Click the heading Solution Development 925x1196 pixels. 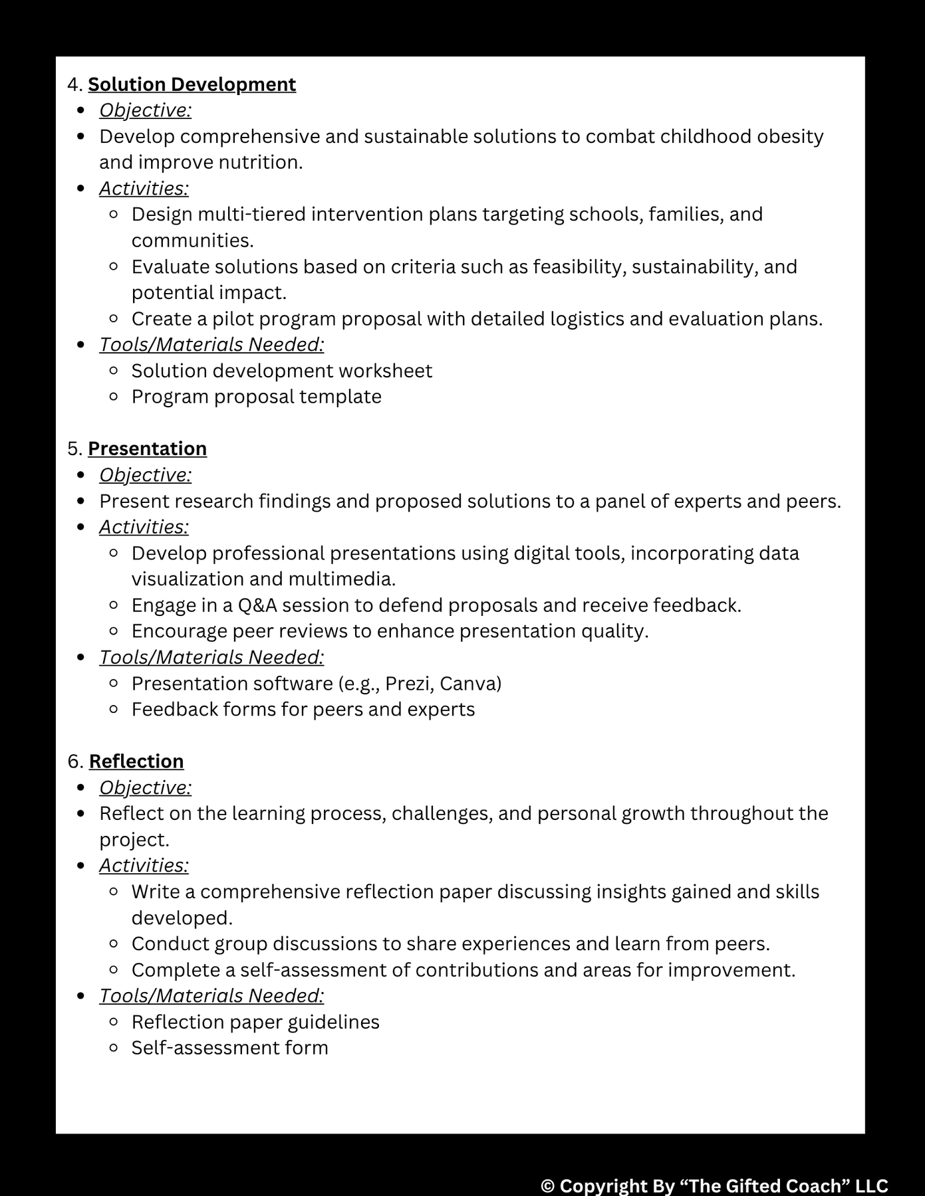tap(192, 84)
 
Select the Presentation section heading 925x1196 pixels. tap(147, 448)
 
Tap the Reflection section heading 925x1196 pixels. tap(136, 761)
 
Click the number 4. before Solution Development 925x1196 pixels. tap(74, 84)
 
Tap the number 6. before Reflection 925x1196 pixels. tap(75, 761)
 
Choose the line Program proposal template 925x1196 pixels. tap(256, 397)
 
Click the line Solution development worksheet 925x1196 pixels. tap(281, 371)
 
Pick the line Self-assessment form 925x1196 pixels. tap(229, 1048)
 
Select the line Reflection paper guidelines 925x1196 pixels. tap(255, 1022)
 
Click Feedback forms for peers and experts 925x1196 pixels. tap(303, 710)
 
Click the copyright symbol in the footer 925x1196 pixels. tap(547, 1185)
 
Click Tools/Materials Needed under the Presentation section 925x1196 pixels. tap(211, 657)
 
